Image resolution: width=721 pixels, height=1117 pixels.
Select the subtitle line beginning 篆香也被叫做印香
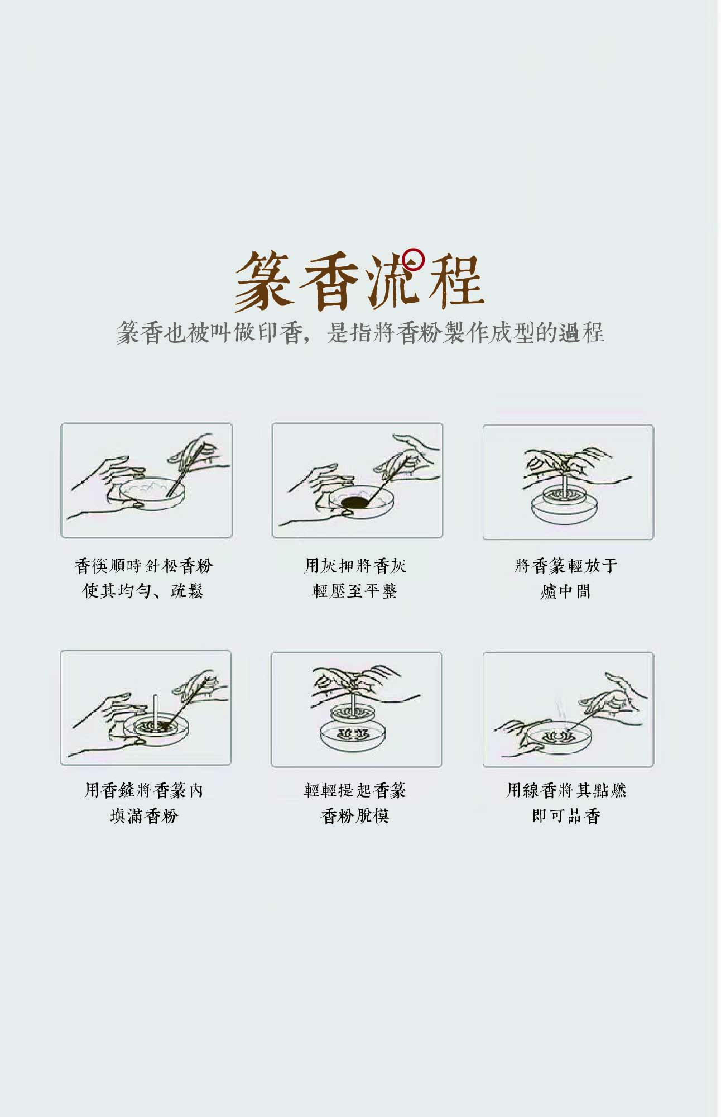[x=360, y=332]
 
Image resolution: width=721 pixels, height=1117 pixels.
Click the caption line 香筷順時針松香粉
[x=143, y=566]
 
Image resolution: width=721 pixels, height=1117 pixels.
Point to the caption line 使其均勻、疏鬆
[x=143, y=591]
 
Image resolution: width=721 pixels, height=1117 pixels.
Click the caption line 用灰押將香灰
[x=355, y=566]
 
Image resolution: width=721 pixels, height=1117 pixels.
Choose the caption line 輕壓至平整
[x=354, y=591]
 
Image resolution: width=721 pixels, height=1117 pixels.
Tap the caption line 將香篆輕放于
[x=566, y=566]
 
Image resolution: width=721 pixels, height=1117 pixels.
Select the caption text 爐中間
[x=565, y=591]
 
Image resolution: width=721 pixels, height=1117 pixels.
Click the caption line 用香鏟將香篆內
[x=143, y=790]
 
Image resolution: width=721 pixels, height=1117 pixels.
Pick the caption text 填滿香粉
[x=143, y=816]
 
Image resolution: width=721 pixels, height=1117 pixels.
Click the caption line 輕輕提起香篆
[x=355, y=790]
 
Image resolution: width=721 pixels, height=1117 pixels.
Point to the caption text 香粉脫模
[x=355, y=816]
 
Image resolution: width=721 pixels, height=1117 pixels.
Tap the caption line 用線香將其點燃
[x=566, y=790]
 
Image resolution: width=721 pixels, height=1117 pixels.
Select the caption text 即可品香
[x=566, y=816]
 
